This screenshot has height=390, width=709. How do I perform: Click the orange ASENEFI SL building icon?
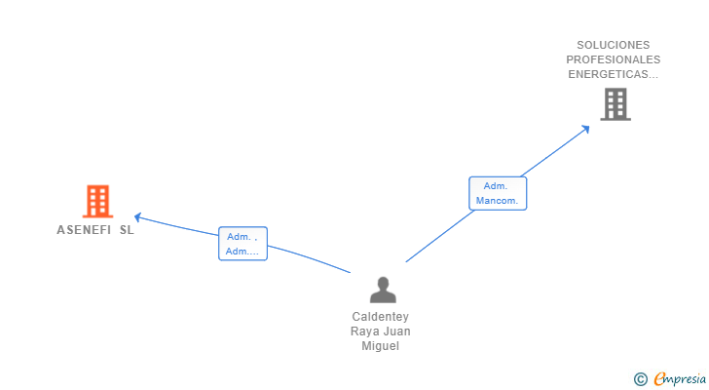tap(97, 201)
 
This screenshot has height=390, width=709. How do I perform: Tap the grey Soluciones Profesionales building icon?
tap(615, 104)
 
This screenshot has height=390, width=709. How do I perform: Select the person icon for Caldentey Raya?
tap(384, 290)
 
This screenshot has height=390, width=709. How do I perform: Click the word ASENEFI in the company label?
tap(83, 231)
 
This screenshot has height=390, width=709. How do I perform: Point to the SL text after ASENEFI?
tap(127, 231)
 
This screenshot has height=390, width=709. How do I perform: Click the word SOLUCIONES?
tap(613, 45)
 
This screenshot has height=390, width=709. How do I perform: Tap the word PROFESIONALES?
tap(613, 59)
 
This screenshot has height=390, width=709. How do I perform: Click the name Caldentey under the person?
tap(381, 317)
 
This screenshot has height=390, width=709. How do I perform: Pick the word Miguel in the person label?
tap(381, 346)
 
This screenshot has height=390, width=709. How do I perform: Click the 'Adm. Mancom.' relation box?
tap(498, 193)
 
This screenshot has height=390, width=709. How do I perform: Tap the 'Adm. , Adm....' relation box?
tap(243, 244)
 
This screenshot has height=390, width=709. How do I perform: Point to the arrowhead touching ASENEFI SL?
tap(137, 216)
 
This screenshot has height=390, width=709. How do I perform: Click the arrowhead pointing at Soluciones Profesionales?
tap(586, 127)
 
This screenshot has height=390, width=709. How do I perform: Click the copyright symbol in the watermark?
tap(640, 379)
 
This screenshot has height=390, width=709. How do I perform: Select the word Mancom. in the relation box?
tap(498, 202)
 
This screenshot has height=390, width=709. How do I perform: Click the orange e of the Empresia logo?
tap(659, 379)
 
